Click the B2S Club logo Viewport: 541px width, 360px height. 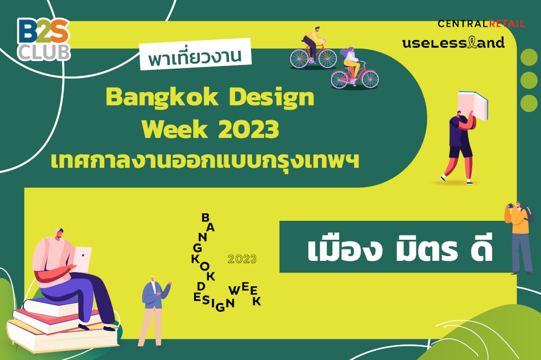[44, 40]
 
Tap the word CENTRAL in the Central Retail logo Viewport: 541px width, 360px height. [463, 23]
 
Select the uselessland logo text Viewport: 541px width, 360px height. [453, 42]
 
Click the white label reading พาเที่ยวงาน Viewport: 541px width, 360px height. [195, 54]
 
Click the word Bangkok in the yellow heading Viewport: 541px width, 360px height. [162, 97]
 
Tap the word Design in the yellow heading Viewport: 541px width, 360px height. [272, 97]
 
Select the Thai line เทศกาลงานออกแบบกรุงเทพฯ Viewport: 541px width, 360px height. [205, 161]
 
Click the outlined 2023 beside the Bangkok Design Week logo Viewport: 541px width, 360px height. [242, 259]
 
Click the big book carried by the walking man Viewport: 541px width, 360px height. [472, 105]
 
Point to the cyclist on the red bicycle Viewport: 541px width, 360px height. [314, 43]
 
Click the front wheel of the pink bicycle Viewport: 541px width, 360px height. [370, 79]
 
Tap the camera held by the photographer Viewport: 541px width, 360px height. [510, 206]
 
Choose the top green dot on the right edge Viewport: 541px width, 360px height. [529, 57]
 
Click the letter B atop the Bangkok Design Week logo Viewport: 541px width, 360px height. [205, 218]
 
